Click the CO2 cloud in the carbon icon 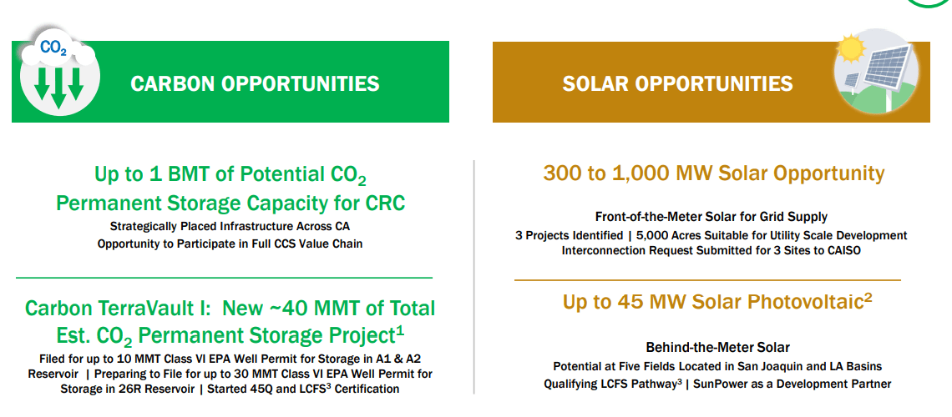(57, 48)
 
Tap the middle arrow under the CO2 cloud (58, 88)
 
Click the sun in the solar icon (850, 48)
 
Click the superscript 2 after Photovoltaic (868, 297)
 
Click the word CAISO (843, 249)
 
